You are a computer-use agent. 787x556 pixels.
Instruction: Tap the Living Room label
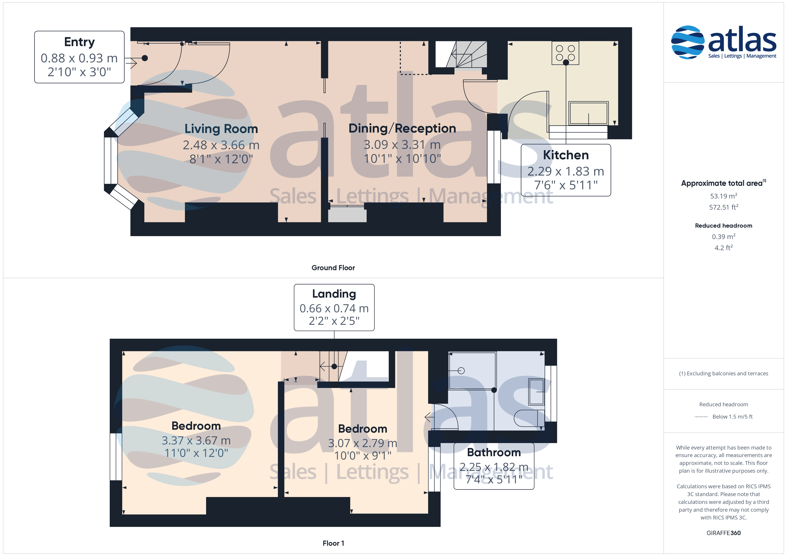point(221,129)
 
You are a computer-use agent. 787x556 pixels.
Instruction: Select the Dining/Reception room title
point(402,128)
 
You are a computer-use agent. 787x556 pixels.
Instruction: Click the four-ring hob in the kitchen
point(565,53)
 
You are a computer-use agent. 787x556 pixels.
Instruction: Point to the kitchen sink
point(588,113)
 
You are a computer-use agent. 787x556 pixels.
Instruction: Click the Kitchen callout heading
point(566,155)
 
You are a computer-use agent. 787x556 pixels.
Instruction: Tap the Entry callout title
point(79,42)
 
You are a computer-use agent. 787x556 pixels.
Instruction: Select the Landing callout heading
point(334,294)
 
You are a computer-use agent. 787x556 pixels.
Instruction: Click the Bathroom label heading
point(494,452)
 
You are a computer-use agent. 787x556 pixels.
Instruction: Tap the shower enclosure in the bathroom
point(472,370)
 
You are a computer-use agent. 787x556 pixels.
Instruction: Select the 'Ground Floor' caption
point(333,268)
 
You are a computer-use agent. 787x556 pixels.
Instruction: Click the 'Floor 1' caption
point(333,543)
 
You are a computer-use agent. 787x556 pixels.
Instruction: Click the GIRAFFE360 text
point(724,533)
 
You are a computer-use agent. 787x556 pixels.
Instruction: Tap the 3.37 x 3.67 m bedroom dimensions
point(196,441)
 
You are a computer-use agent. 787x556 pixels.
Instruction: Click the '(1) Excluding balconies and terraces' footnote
point(724,374)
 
